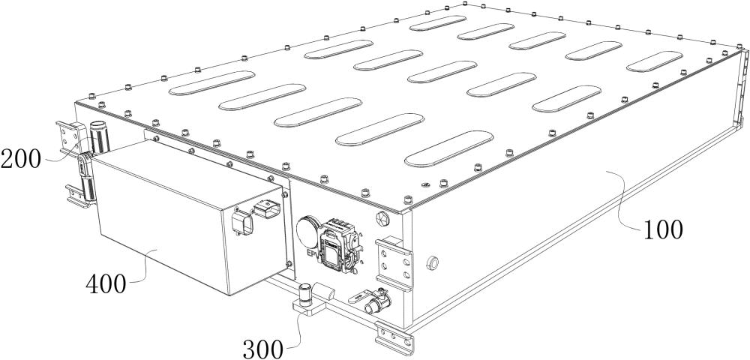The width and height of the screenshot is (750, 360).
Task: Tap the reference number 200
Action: point(21,159)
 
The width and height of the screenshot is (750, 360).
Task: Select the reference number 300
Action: point(262,349)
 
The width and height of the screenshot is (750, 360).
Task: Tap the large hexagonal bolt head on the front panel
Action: point(383,218)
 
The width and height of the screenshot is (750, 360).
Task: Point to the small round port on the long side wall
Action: point(433,262)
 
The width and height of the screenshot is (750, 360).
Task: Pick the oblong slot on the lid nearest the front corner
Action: point(448,148)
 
